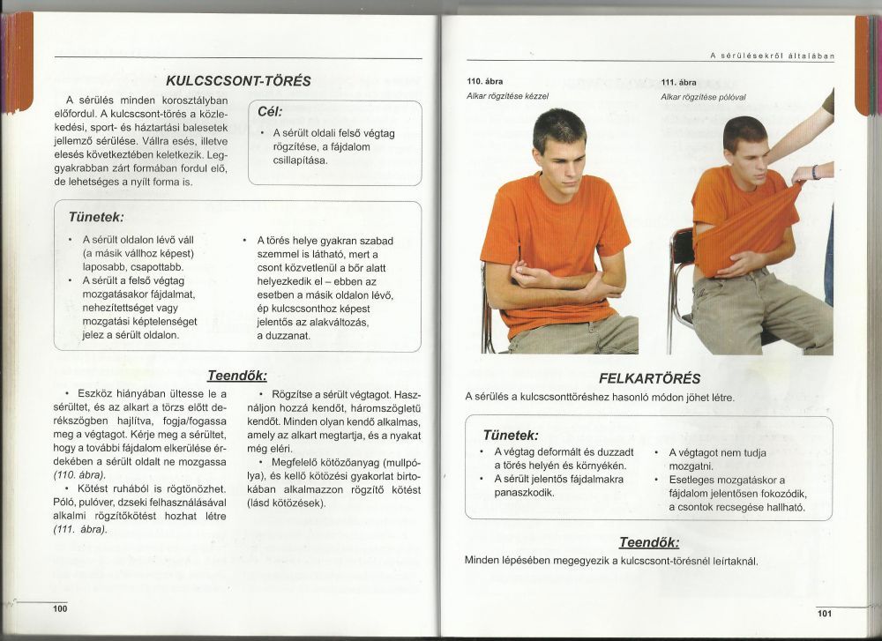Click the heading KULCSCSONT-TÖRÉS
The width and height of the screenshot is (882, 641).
[x=238, y=80]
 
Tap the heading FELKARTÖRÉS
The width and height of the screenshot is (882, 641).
[x=650, y=378]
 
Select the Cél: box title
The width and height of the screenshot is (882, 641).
[x=270, y=112]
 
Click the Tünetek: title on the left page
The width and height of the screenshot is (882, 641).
[x=96, y=217]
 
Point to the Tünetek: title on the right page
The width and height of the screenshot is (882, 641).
[x=511, y=435]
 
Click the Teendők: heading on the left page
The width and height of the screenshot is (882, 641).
[x=236, y=375]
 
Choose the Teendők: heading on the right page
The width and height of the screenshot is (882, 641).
[x=649, y=541]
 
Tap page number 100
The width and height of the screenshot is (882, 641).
[x=60, y=608]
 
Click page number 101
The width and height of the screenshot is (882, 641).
[x=825, y=613]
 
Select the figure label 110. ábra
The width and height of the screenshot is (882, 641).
[x=482, y=82]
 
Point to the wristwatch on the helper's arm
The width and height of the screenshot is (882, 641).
[x=816, y=171]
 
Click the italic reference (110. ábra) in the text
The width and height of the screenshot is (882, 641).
[x=77, y=474]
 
